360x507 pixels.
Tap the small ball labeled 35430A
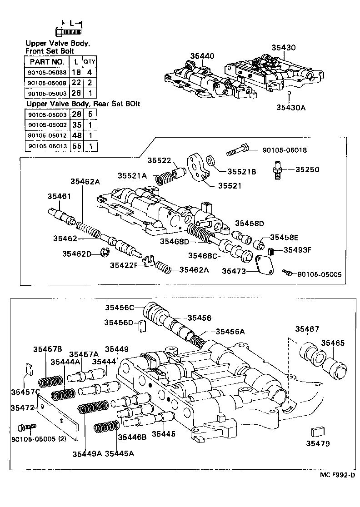coord(289,93)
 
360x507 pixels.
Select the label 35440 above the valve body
coord(202,56)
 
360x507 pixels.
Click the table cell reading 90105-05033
coord(46,72)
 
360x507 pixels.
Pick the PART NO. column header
coord(46,62)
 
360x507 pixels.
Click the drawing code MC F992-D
coord(336,475)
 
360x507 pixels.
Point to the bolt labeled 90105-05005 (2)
coord(26,428)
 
